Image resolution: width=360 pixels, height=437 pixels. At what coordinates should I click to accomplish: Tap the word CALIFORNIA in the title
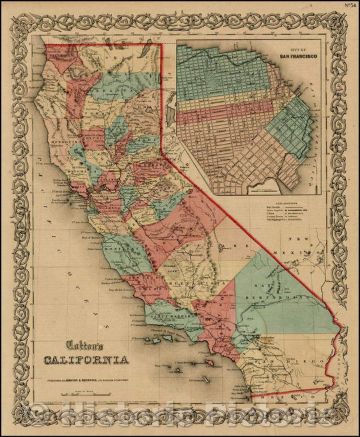point(87,360)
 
